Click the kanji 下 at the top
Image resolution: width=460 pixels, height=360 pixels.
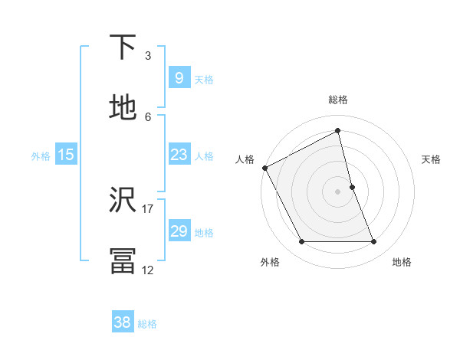(x=123, y=47)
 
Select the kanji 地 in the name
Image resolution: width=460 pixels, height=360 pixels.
(x=123, y=108)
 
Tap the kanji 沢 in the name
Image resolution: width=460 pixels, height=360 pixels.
(x=123, y=200)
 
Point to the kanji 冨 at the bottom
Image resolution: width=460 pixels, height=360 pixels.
(x=123, y=260)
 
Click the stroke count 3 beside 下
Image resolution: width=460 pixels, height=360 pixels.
(x=148, y=55)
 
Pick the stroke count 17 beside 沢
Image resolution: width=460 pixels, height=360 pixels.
(x=148, y=208)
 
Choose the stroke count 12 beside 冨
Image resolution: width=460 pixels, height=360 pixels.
(x=148, y=270)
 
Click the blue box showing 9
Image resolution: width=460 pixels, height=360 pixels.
(x=179, y=77)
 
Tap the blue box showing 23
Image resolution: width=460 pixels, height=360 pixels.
(x=179, y=155)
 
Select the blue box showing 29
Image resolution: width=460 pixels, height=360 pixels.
(x=179, y=231)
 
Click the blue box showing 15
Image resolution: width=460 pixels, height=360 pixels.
(x=66, y=155)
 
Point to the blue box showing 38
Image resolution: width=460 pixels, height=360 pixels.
(x=122, y=322)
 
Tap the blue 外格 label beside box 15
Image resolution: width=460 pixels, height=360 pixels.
(x=41, y=156)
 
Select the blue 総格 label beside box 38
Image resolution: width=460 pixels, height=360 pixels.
(x=147, y=324)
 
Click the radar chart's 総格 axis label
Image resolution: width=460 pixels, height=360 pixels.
(x=338, y=100)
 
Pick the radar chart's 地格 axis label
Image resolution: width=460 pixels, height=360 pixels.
(x=402, y=262)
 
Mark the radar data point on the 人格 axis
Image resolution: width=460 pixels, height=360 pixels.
(x=265, y=168)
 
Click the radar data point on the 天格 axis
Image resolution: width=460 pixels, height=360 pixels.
(x=352, y=187)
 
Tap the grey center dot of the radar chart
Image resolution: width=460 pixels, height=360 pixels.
(x=337, y=191)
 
